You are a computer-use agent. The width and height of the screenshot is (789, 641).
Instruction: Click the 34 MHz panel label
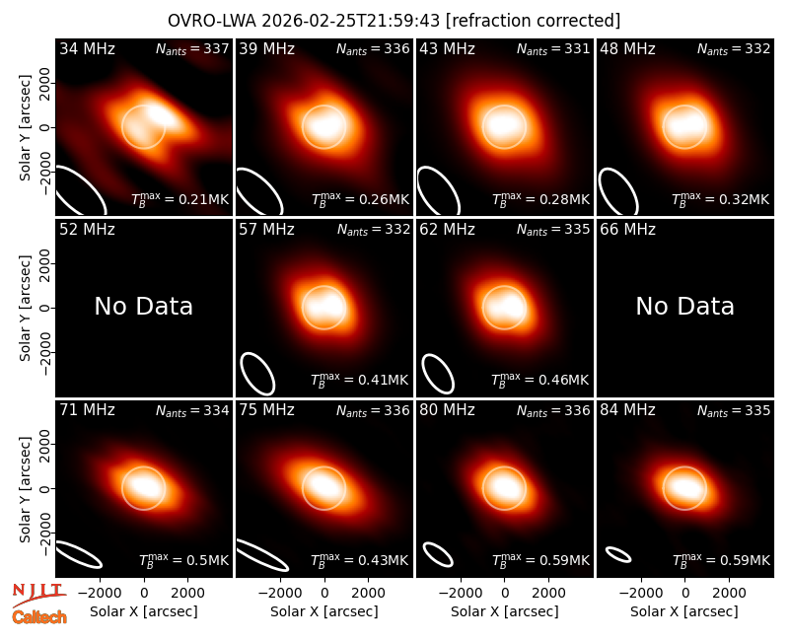coord(87,48)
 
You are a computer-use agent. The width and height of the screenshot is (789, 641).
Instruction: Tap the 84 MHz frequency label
coord(627,410)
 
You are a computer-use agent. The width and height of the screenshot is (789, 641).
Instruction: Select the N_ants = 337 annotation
coord(192,49)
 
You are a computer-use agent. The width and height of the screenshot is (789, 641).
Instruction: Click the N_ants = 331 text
coord(553,49)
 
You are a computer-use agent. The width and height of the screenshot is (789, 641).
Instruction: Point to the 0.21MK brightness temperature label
coord(180,199)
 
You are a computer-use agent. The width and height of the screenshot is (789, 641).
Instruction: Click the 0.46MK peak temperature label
coord(539,380)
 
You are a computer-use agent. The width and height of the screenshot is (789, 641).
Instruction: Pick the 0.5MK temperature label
coord(184,559)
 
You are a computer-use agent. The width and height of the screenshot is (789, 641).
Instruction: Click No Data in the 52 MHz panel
coord(143,307)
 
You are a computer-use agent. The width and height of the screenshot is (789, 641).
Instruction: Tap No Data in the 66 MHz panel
coord(684,307)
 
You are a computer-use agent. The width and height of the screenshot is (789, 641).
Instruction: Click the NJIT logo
coord(39,595)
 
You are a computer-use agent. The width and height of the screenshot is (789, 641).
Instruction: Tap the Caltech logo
coord(39,617)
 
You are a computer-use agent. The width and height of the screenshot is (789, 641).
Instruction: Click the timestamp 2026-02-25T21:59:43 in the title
coord(351,21)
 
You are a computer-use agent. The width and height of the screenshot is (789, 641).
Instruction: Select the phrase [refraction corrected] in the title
coord(533,21)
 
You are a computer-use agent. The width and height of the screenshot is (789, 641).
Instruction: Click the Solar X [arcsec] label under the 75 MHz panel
coord(324,611)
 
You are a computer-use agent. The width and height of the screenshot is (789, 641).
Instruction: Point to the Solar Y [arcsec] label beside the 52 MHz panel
coord(25,308)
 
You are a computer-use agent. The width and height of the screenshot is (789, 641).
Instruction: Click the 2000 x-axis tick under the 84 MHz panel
coord(729,594)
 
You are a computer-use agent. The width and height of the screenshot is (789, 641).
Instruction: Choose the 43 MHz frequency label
coord(448,48)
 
